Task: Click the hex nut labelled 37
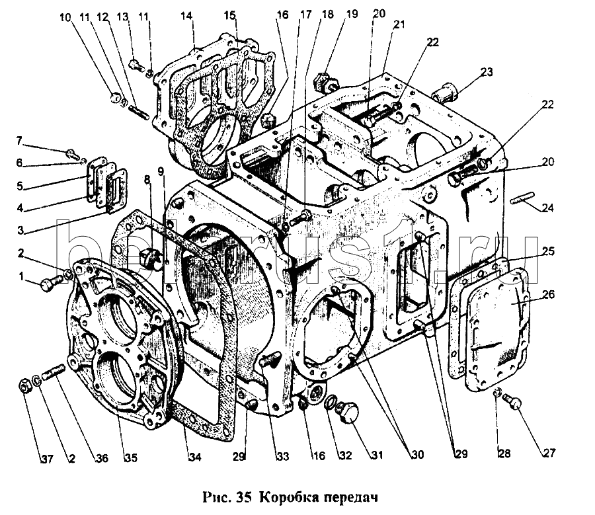click(x=22, y=383)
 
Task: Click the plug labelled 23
click(x=444, y=93)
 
